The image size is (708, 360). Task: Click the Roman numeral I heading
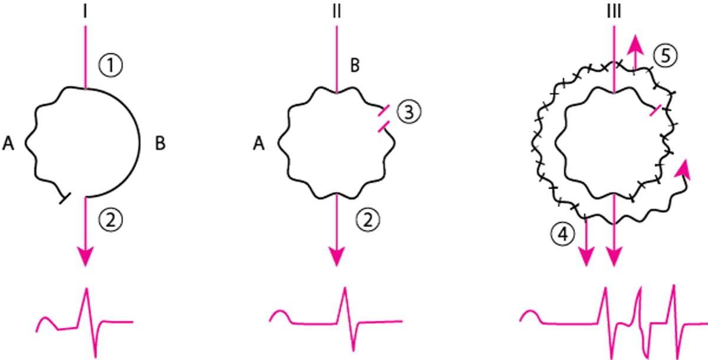tap(86, 12)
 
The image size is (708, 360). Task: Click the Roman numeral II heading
tap(337, 12)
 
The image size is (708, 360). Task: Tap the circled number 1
tap(110, 68)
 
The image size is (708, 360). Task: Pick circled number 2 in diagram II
tap(368, 221)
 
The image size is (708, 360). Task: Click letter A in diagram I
tap(8, 143)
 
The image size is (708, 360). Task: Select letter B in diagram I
tap(161, 143)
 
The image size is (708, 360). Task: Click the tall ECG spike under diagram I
tap(87, 295)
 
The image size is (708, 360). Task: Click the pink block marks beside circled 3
tap(382, 116)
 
